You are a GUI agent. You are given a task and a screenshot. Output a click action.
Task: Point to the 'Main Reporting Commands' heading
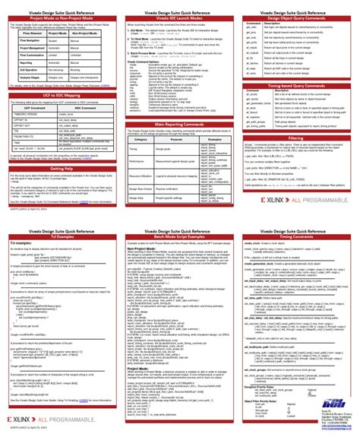point(179,123)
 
